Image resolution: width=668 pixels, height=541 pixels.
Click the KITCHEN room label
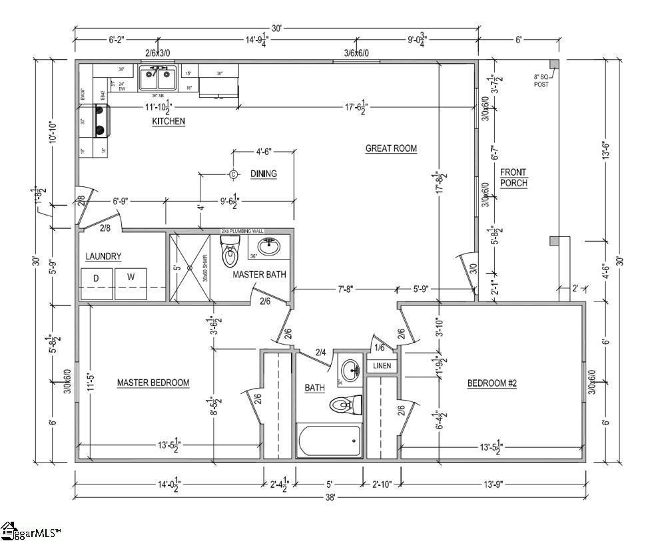(x=168, y=122)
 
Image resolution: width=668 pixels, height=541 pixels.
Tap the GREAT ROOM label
(x=391, y=148)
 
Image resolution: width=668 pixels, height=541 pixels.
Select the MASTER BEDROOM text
(x=153, y=383)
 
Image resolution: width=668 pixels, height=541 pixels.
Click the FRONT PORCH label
(x=513, y=177)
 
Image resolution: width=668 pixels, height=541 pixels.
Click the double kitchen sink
(x=158, y=79)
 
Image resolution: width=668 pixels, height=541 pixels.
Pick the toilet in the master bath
(x=230, y=253)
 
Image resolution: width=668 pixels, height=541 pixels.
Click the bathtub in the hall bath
(x=329, y=441)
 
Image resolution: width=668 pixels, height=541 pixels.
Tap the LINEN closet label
(x=382, y=366)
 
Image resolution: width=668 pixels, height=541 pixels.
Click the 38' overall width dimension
(x=330, y=496)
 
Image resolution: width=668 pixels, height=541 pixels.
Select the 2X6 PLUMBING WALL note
(x=242, y=231)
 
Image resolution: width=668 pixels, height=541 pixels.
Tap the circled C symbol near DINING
(x=234, y=174)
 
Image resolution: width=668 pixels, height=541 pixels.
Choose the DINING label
(x=263, y=174)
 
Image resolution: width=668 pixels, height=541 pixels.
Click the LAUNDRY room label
(x=103, y=256)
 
